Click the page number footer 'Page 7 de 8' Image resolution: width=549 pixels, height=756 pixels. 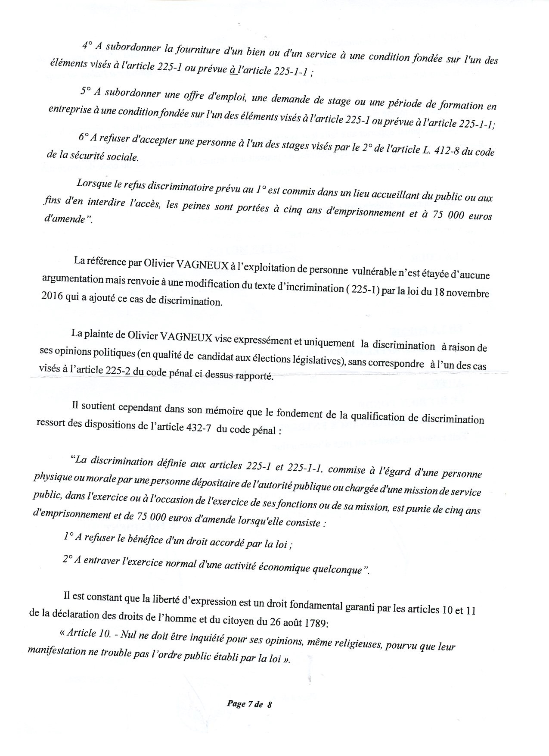[250, 704]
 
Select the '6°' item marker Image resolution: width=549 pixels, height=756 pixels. [84, 137]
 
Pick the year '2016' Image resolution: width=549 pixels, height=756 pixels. [52, 295]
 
